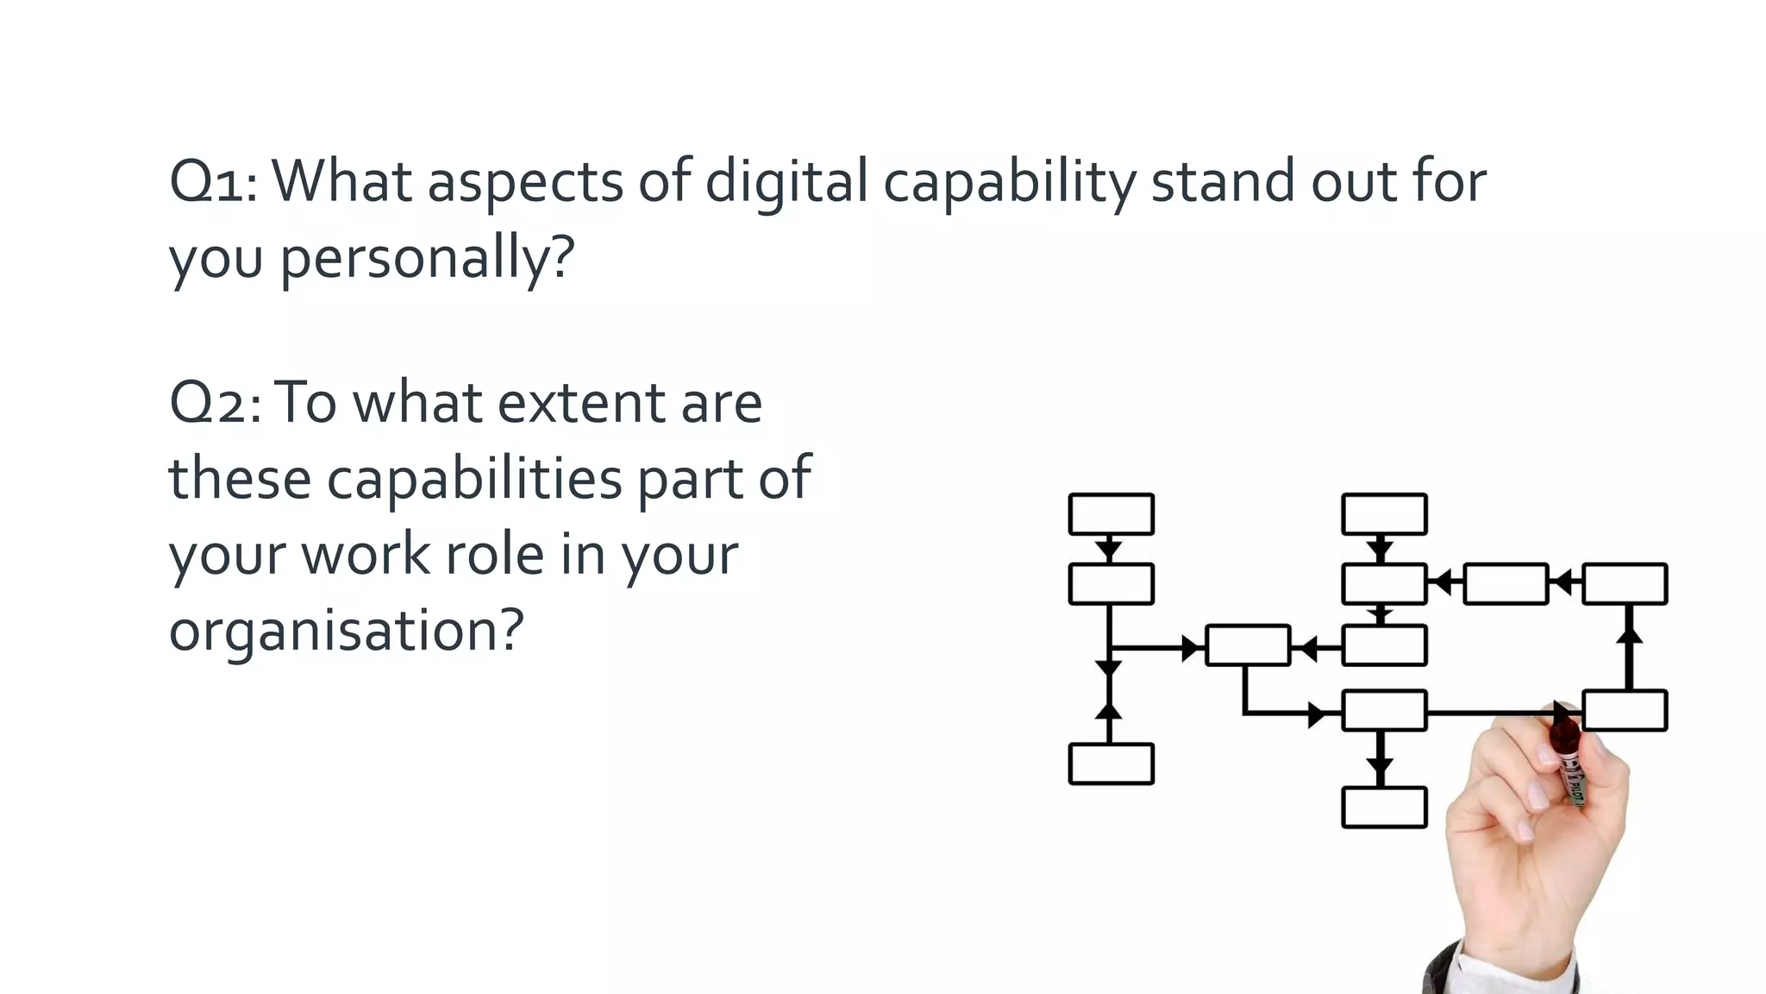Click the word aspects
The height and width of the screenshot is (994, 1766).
(x=525, y=183)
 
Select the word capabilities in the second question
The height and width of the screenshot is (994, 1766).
(x=473, y=479)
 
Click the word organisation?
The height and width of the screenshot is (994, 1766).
(x=346, y=631)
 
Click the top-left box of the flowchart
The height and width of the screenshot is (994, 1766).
(x=1111, y=514)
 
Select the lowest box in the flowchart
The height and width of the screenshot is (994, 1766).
(x=1384, y=808)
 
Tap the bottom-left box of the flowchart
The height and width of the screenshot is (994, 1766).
(x=1111, y=764)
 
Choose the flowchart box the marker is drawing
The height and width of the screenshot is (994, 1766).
(x=1625, y=711)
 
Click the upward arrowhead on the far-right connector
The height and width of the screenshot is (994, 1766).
(x=1629, y=634)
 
